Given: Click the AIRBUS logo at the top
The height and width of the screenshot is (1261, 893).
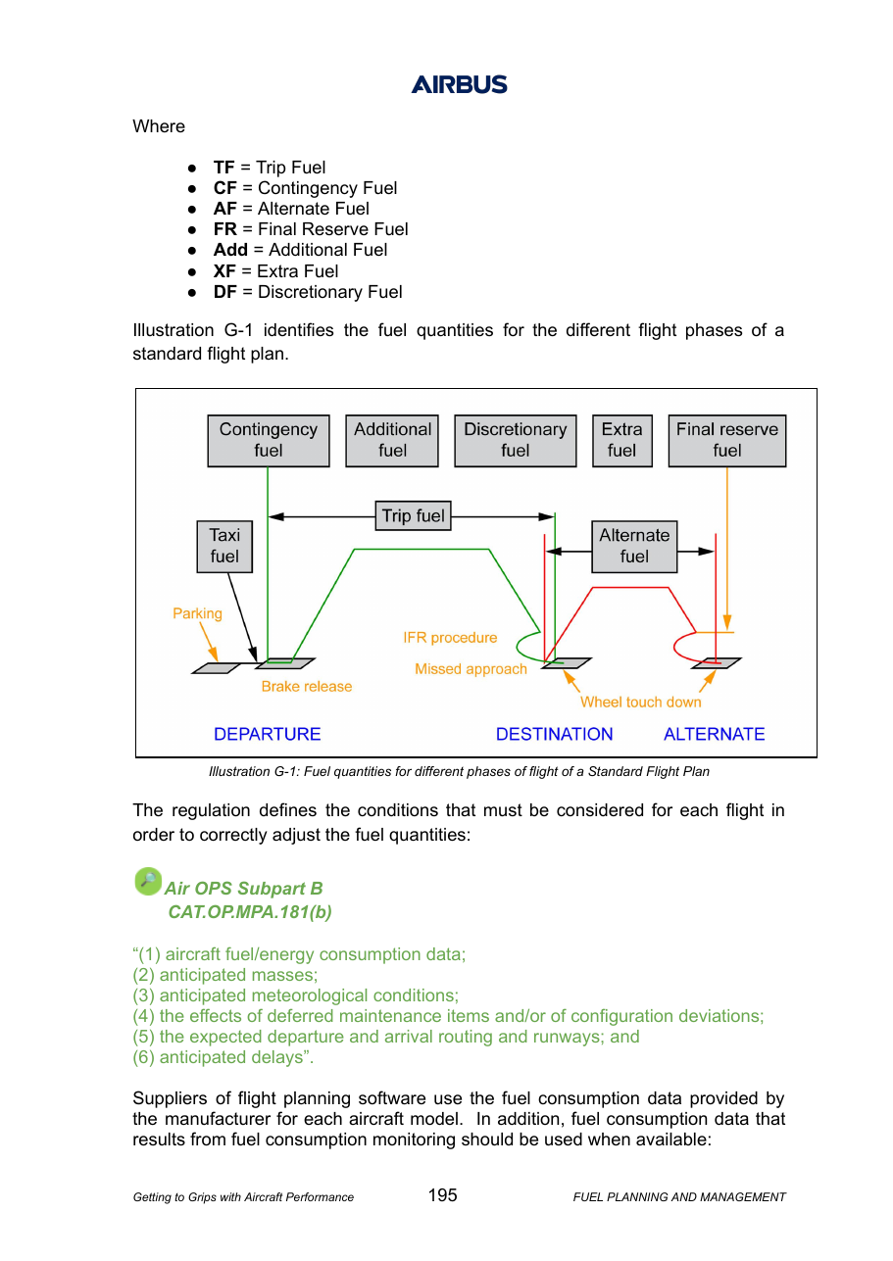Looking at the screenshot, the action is [x=459, y=84].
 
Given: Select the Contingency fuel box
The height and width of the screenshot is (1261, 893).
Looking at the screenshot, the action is [x=268, y=441].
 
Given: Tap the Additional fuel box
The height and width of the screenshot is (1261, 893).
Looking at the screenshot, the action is [x=392, y=441].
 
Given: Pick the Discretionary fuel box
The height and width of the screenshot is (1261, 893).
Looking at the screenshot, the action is [x=516, y=441].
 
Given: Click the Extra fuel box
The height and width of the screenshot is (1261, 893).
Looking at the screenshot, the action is [x=622, y=441].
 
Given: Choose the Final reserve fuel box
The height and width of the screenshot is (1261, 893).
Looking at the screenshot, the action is [x=727, y=441].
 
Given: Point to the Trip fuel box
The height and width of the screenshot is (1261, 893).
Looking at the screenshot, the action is [x=414, y=515].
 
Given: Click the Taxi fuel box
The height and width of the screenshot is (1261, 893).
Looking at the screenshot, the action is [x=224, y=547].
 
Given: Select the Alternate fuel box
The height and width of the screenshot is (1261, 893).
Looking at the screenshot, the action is [x=634, y=547].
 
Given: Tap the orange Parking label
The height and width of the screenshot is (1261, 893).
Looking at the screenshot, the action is [x=197, y=613].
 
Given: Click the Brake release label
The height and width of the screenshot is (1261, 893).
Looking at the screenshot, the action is [x=306, y=686].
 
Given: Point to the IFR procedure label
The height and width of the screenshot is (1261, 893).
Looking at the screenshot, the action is [x=450, y=637].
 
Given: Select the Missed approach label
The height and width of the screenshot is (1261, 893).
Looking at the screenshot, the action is [x=471, y=669].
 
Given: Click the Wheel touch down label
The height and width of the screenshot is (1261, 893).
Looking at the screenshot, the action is [x=641, y=702].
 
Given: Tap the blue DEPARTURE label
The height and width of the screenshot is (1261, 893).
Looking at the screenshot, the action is [x=267, y=734].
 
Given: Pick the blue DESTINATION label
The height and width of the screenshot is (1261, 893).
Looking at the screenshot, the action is [x=554, y=734].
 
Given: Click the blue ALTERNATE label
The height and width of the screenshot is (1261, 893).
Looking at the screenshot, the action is [x=714, y=734].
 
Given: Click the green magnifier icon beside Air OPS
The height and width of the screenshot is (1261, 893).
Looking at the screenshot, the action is [x=148, y=881].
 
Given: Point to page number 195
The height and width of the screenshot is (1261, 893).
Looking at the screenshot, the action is [x=442, y=1194].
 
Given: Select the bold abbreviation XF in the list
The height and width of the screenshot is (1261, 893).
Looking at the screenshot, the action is [x=224, y=271].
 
